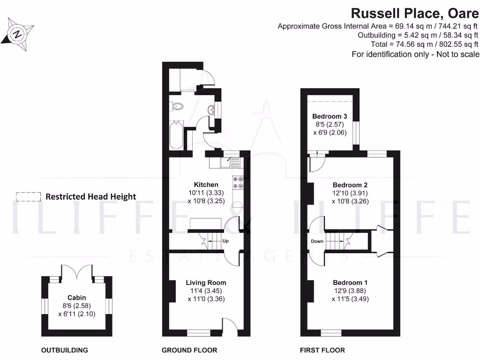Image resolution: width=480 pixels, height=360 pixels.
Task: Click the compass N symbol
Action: (x=18, y=34)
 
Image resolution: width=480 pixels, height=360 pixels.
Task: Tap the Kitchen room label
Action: (x=206, y=185)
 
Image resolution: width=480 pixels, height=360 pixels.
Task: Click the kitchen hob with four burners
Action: (x=238, y=182)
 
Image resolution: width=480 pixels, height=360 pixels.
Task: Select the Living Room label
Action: (x=206, y=283)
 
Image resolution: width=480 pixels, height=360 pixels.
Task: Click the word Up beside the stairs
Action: (x=225, y=241)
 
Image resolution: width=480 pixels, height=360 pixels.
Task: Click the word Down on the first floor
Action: (x=317, y=242)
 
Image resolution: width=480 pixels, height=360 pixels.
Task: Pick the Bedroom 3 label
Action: (x=330, y=116)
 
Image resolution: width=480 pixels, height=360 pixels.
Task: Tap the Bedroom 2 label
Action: (x=350, y=185)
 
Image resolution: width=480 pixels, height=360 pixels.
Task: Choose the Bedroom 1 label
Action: (x=350, y=283)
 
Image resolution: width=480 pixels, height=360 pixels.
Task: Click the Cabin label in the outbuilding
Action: (x=77, y=298)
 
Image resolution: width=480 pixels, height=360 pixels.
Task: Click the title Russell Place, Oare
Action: (x=415, y=12)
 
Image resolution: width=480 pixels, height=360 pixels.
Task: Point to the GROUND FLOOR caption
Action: (x=189, y=350)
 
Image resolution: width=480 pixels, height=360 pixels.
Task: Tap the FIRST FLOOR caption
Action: (x=322, y=350)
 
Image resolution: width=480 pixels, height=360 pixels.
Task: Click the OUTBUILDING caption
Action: (x=65, y=350)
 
